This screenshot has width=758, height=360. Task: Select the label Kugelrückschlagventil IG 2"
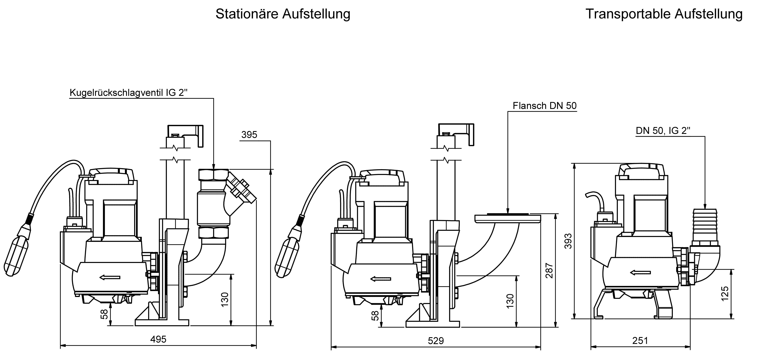(x=128, y=93)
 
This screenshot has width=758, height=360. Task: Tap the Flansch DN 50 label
(x=544, y=106)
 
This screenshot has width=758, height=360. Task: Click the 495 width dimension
(x=158, y=339)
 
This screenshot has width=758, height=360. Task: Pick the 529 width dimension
(x=436, y=341)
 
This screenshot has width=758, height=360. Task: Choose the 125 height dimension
(x=725, y=293)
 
